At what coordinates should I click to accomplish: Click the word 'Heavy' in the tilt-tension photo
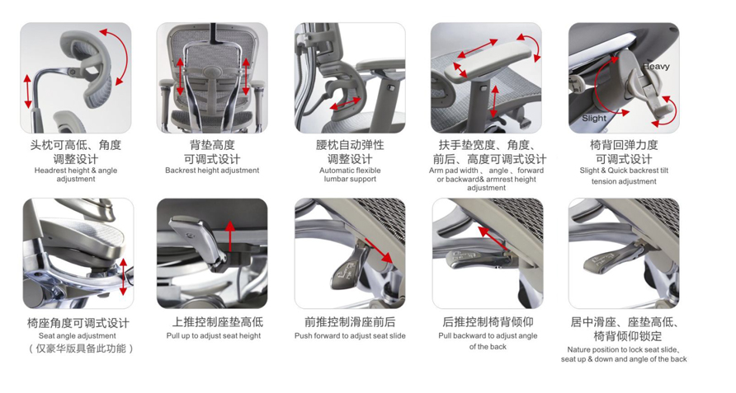tap(656, 67)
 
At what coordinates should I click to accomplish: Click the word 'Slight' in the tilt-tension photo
tap(593, 119)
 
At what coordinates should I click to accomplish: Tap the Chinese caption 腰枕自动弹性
tap(350, 145)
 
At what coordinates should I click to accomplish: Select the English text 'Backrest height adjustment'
tap(212, 171)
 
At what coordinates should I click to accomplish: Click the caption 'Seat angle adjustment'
tap(78, 336)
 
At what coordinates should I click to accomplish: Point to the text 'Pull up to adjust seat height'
tap(213, 336)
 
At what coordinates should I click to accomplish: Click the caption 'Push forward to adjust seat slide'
tap(350, 336)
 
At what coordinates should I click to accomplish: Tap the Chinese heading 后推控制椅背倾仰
tap(487, 322)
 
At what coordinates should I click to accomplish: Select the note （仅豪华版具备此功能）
tap(78, 349)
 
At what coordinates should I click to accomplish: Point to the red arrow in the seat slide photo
tap(379, 249)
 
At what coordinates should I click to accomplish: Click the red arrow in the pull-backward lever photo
tap(493, 239)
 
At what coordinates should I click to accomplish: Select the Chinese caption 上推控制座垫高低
tap(212, 322)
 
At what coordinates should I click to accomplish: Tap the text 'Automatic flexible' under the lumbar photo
tap(350, 171)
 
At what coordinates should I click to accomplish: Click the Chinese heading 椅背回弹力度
tap(624, 145)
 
